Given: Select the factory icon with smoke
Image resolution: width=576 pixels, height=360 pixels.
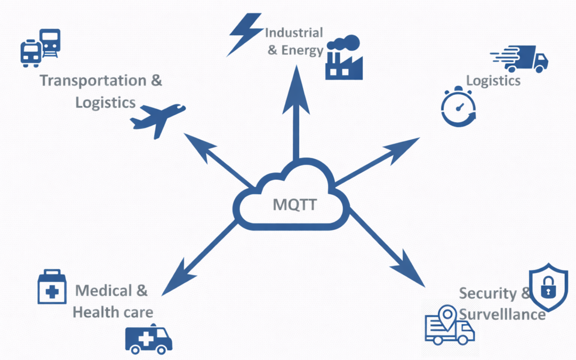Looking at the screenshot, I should pyautogui.click(x=343, y=59).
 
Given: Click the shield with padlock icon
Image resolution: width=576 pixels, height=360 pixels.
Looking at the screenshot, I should pyautogui.click(x=548, y=287).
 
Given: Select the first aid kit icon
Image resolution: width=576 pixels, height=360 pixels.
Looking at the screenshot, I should pyautogui.click(x=52, y=286).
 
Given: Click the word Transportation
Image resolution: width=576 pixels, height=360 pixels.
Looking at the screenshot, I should pyautogui.click(x=93, y=81).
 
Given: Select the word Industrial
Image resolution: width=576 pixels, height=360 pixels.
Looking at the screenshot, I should pyautogui.click(x=294, y=33).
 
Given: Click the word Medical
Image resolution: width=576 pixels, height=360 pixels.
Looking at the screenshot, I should pyautogui.click(x=103, y=291).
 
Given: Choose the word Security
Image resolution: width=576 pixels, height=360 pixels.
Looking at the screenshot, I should pyautogui.click(x=488, y=293).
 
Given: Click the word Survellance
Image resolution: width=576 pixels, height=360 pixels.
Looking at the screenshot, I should pyautogui.click(x=502, y=314).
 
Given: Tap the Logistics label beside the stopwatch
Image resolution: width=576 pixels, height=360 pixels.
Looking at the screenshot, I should pyautogui.click(x=493, y=81).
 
